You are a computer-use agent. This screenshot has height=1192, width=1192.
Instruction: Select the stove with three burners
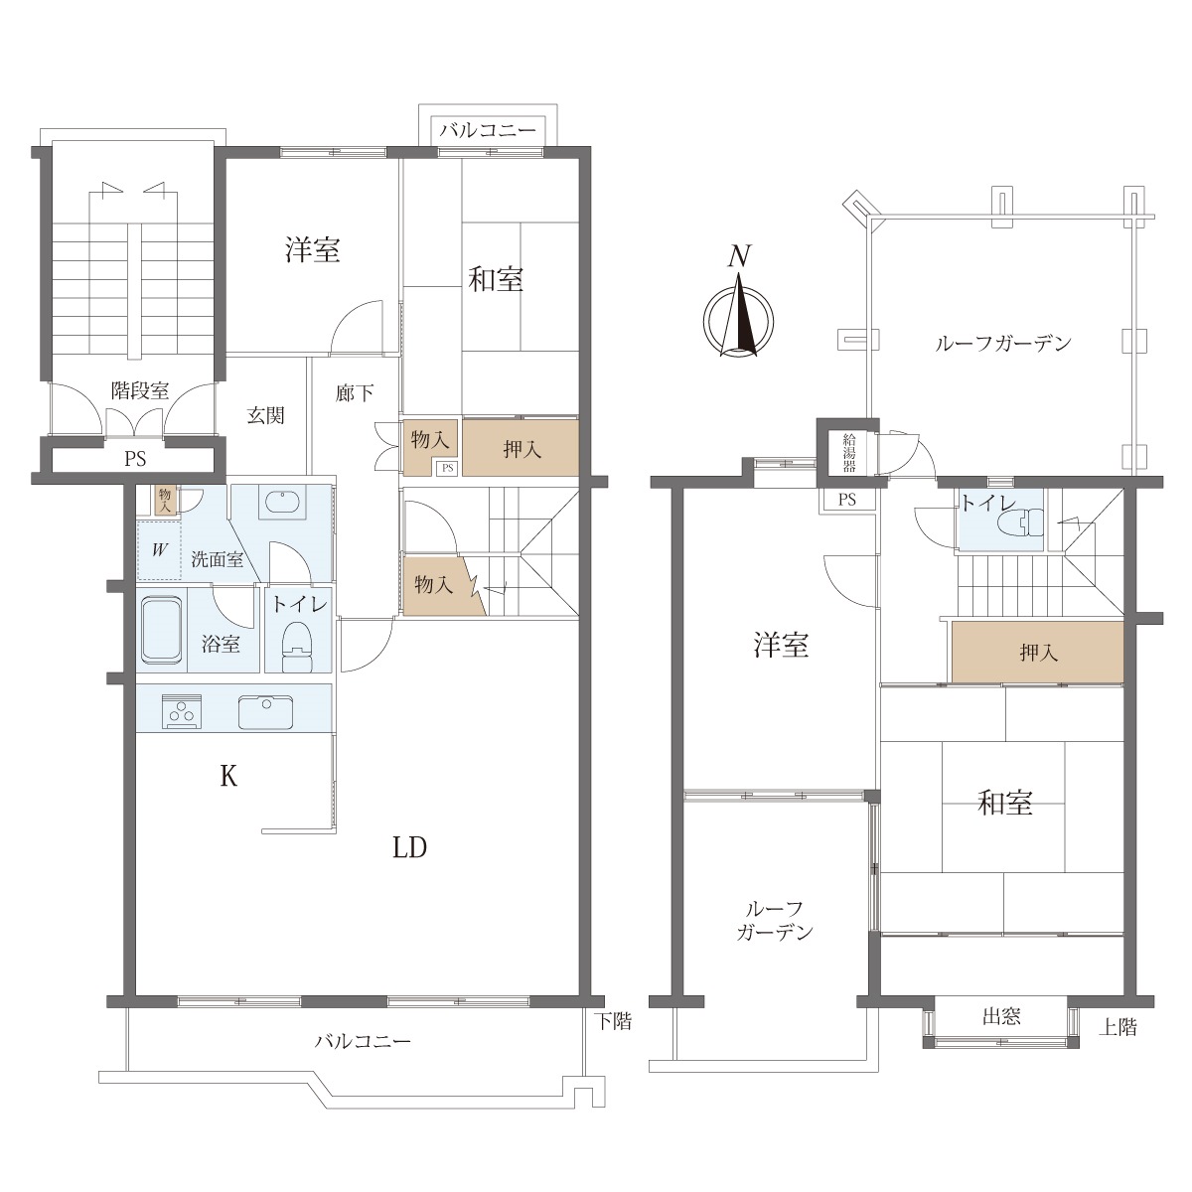click(181, 710)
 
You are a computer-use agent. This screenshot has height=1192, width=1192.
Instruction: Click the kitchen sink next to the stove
click(266, 711)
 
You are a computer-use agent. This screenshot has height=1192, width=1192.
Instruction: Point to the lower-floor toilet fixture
click(298, 647)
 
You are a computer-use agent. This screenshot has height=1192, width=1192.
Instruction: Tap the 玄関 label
click(266, 415)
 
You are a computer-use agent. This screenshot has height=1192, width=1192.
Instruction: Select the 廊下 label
click(355, 392)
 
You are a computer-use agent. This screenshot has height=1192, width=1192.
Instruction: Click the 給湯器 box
click(848, 453)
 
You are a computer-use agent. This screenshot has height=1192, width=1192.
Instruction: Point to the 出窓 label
click(1001, 1016)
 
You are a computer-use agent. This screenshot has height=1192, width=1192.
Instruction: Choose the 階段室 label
click(140, 391)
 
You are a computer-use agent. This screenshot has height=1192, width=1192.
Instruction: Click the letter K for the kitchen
click(228, 776)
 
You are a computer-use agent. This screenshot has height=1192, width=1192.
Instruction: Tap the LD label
click(409, 847)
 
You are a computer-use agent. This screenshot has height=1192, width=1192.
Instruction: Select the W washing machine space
click(159, 550)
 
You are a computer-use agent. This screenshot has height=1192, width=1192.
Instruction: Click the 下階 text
click(613, 1021)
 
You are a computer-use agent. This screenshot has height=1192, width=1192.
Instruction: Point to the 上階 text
click(1117, 1027)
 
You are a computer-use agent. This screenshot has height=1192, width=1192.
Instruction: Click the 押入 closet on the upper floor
click(1037, 653)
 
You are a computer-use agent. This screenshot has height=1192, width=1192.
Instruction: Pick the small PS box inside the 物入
click(448, 468)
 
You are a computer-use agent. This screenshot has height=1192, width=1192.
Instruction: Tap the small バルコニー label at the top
click(488, 131)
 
